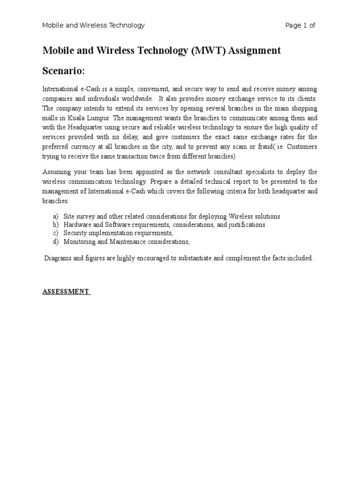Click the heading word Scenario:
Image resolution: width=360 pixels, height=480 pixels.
click(x=64, y=71)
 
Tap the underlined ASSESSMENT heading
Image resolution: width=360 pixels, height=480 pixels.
click(x=66, y=292)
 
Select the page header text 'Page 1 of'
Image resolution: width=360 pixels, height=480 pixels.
click(x=300, y=25)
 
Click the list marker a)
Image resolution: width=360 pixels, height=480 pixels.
click(x=56, y=217)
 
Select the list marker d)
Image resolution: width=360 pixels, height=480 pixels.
click(x=56, y=242)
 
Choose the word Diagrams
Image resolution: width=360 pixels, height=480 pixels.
click(x=59, y=258)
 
